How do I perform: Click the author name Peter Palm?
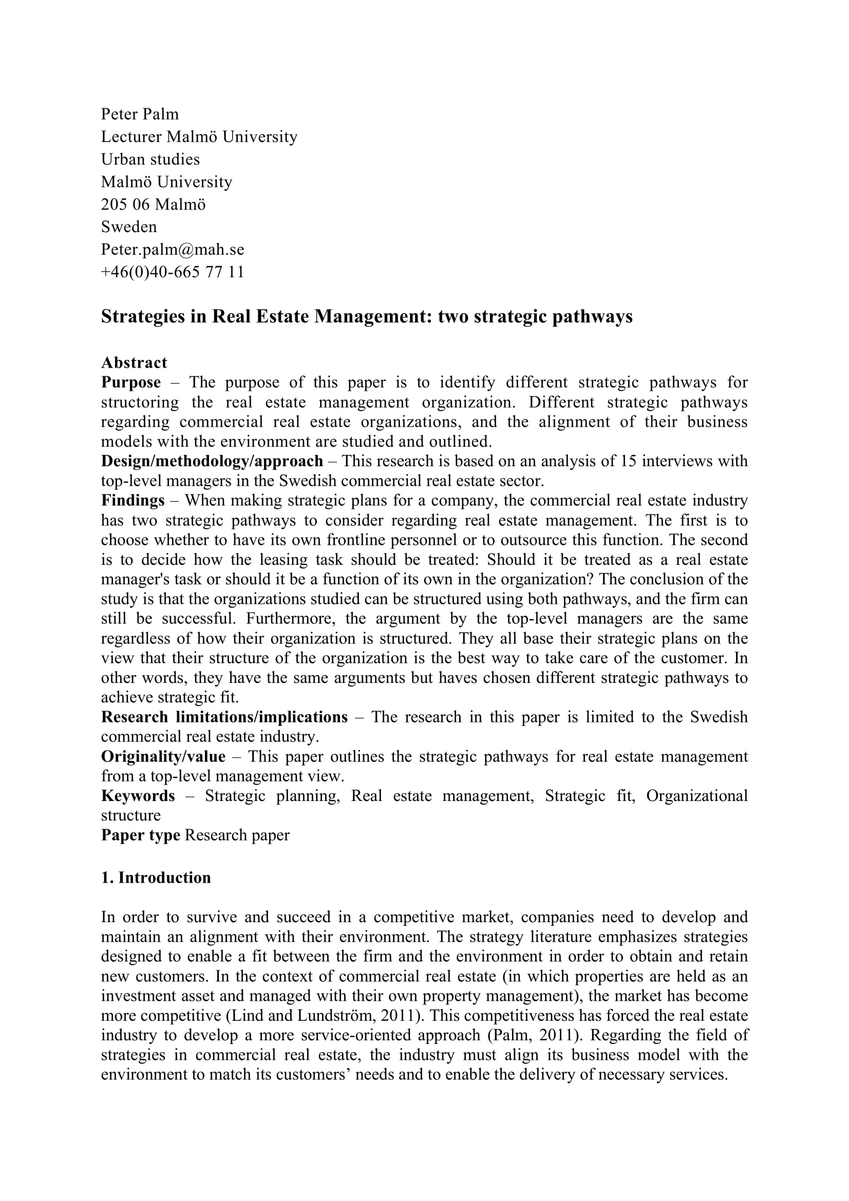140,114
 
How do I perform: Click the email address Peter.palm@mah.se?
173,250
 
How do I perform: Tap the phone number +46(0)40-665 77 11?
173,272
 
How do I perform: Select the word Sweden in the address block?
129,227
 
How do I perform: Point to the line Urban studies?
150,159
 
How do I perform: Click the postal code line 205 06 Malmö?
153,204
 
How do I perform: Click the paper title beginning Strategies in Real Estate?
366,316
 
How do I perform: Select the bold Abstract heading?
134,363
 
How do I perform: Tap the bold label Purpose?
131,383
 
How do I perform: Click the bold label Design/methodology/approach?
212,461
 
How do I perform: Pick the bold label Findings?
133,501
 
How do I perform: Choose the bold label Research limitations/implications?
224,717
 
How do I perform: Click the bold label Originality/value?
163,756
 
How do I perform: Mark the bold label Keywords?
138,795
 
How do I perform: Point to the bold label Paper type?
140,835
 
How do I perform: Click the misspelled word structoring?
140,402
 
